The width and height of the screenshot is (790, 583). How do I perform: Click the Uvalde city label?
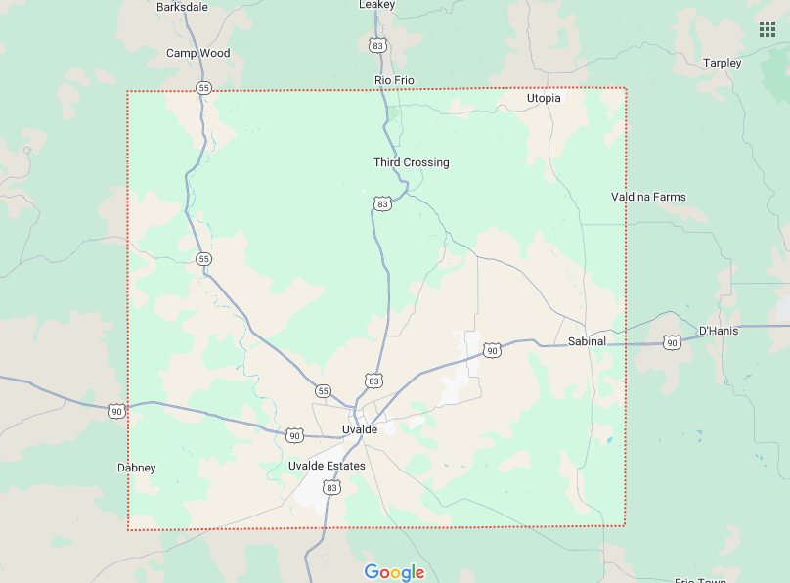(x=360, y=430)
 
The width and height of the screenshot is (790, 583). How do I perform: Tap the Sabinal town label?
(x=587, y=341)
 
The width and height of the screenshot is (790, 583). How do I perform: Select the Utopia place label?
(x=544, y=98)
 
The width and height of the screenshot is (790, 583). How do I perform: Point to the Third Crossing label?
(x=411, y=162)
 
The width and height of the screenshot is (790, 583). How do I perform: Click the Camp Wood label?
(x=197, y=53)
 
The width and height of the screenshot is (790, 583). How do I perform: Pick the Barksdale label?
(x=182, y=6)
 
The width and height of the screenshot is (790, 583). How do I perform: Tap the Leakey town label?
(x=376, y=5)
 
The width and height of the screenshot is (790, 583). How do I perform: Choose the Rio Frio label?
(x=395, y=80)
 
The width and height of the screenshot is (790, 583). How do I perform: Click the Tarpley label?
(x=722, y=63)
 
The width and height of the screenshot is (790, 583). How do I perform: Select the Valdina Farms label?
(x=648, y=197)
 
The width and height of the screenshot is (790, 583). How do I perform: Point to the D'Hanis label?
(x=719, y=331)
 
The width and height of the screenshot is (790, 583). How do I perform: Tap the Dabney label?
(x=136, y=468)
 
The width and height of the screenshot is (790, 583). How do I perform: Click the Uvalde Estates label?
(x=327, y=466)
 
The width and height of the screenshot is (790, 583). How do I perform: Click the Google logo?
(x=394, y=573)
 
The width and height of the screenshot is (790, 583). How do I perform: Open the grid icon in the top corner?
(x=768, y=28)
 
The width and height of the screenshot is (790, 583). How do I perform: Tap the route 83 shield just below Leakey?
(x=377, y=45)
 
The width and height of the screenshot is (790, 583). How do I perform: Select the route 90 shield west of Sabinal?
(x=492, y=350)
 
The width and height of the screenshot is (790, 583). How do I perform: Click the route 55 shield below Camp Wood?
(x=203, y=88)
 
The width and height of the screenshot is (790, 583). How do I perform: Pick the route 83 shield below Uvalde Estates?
(x=332, y=487)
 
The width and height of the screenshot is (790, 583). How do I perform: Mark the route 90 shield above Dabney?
(x=117, y=411)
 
